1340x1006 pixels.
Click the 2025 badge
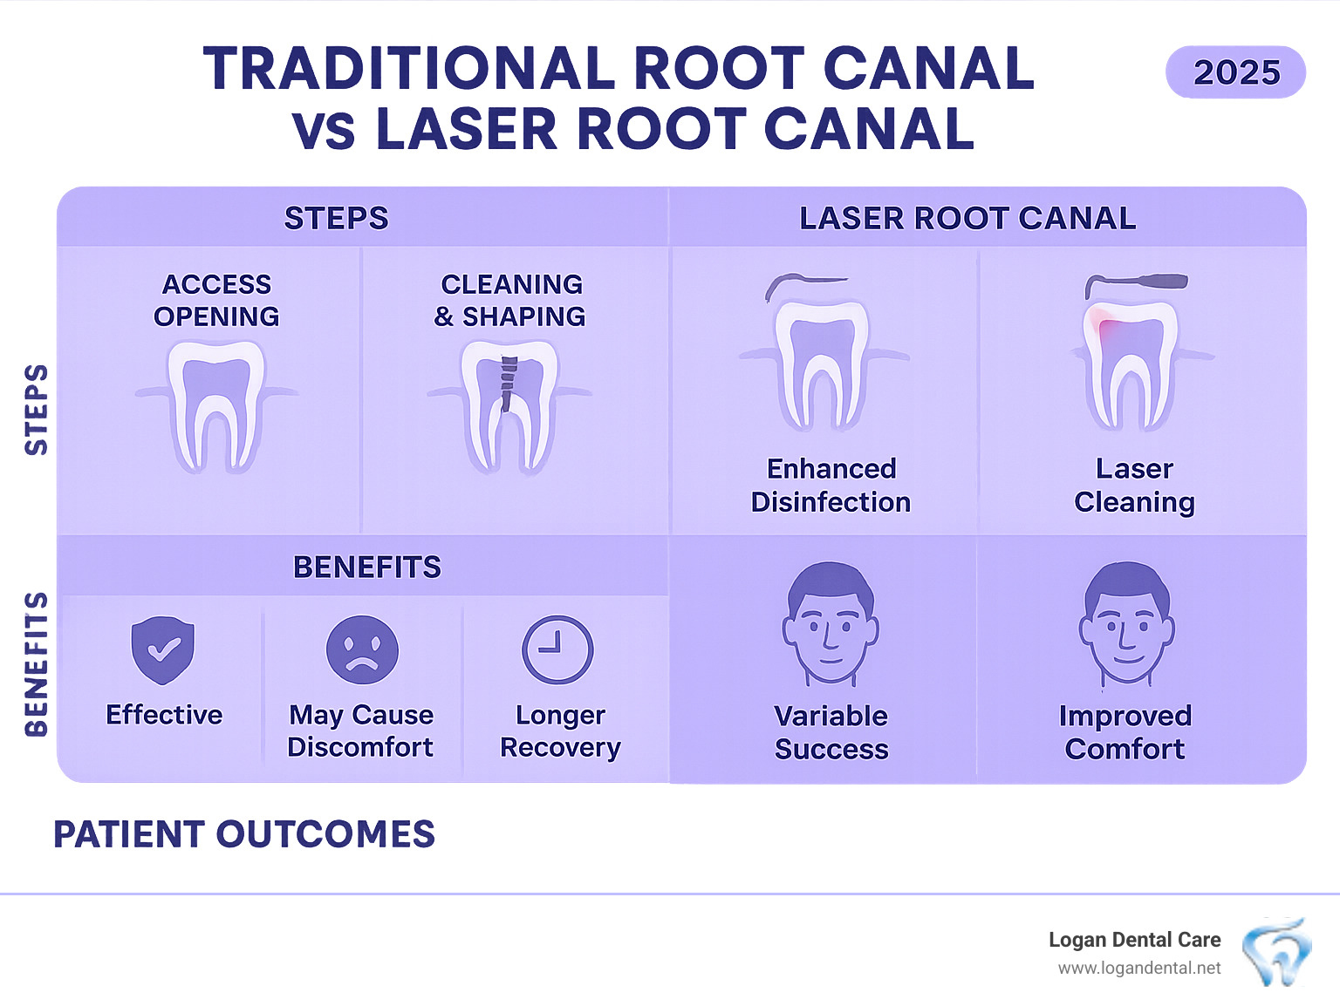[x=1235, y=72]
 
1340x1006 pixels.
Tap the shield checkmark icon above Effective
[x=162, y=650]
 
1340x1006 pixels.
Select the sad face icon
[x=362, y=650]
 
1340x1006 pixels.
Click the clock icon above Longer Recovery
[x=557, y=650]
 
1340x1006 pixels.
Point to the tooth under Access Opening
[x=216, y=403]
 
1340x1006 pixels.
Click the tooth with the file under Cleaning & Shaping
[x=509, y=403]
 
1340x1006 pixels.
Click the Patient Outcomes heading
[x=244, y=834]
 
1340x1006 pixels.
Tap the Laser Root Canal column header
[x=967, y=218]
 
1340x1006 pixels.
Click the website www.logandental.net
[x=1138, y=969]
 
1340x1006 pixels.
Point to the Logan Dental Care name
[x=1134, y=940]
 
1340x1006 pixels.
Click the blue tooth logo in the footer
[x=1276, y=952]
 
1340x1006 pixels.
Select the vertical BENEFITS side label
[x=36, y=664]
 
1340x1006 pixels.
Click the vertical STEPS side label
[x=36, y=410]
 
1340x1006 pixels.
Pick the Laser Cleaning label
[x=1134, y=485]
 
